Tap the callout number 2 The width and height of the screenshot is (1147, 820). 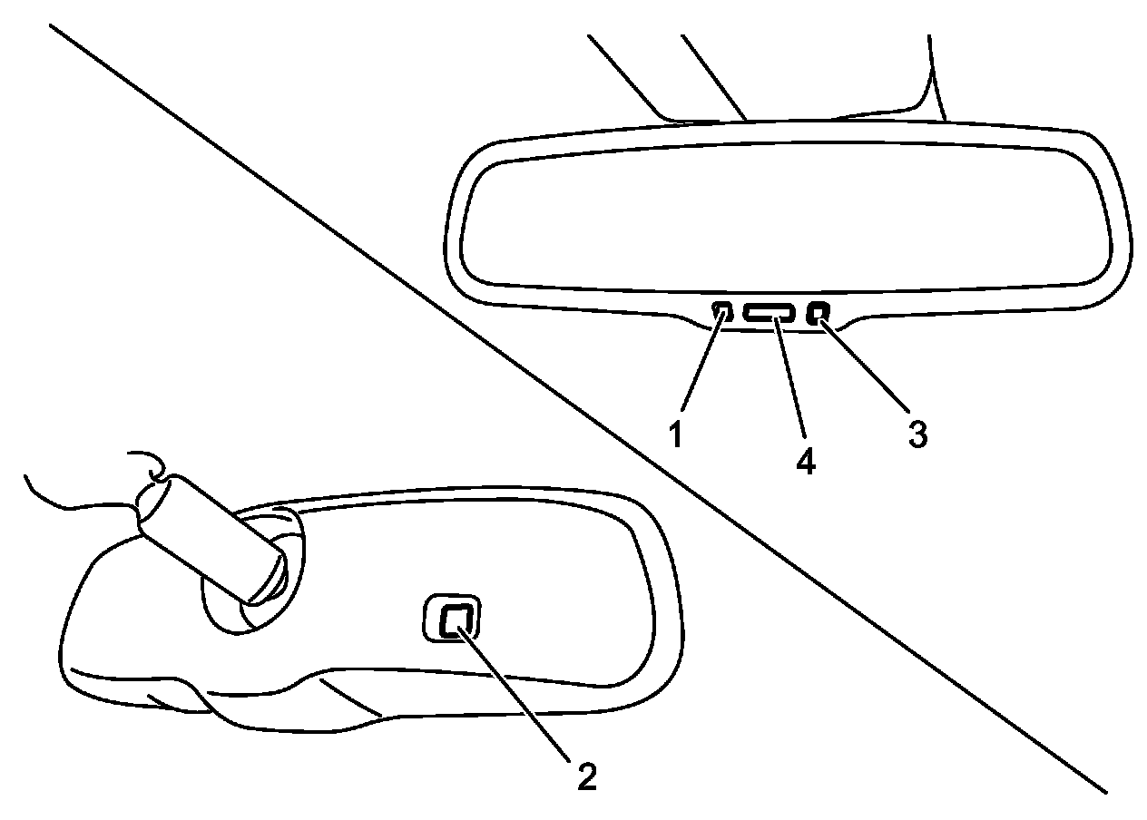tap(585, 776)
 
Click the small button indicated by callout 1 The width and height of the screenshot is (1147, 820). tap(722, 313)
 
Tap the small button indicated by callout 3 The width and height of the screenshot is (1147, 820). tap(819, 314)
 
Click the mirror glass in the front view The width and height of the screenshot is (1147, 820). tap(780, 218)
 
